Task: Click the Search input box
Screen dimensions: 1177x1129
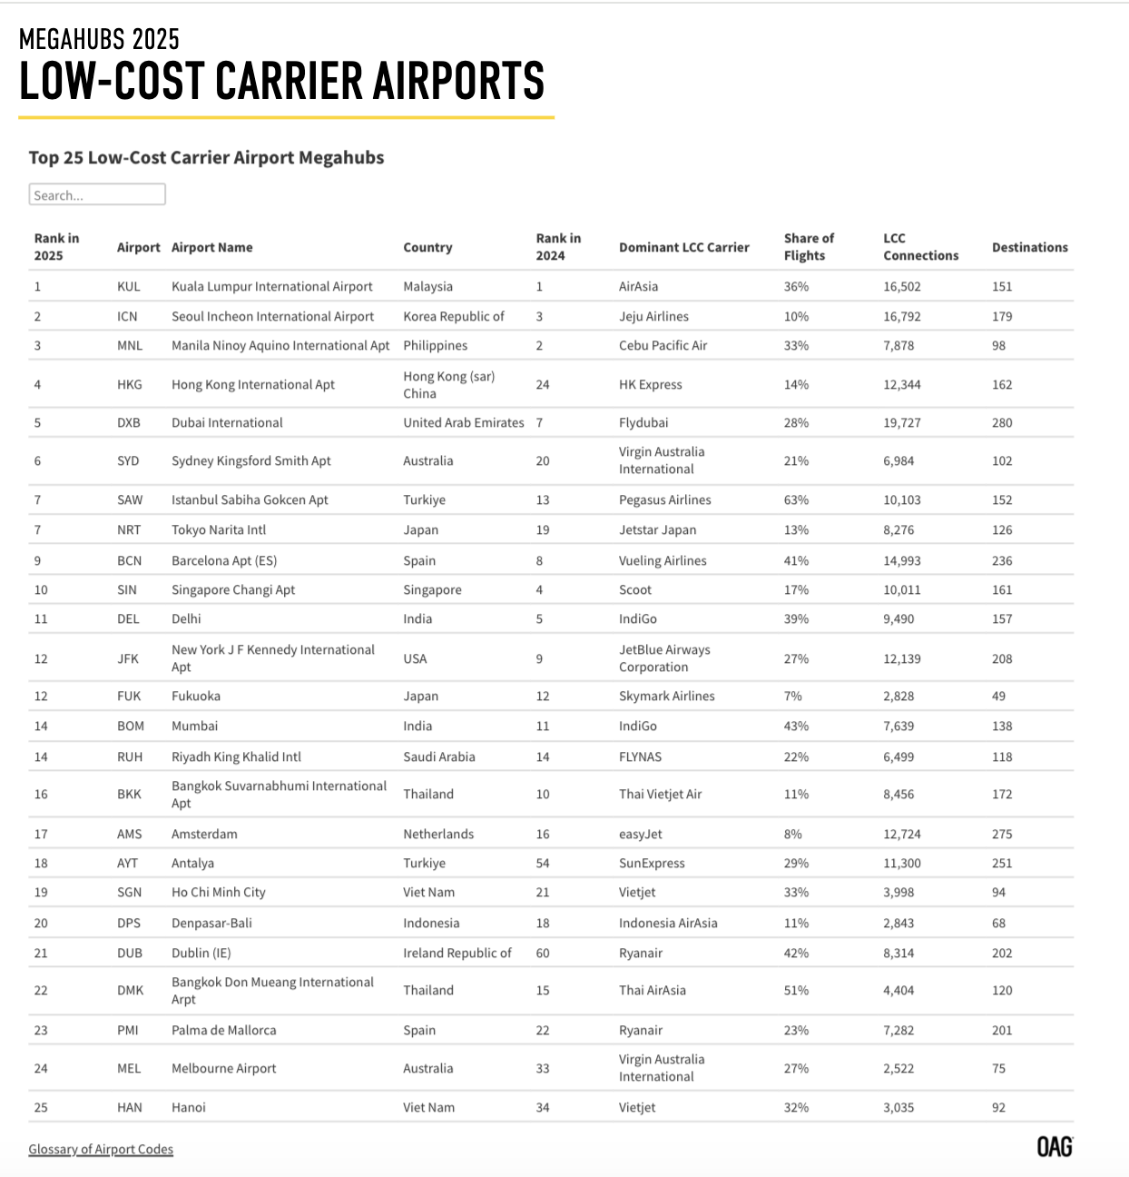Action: [97, 194]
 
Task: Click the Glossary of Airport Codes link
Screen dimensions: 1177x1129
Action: [101, 1149]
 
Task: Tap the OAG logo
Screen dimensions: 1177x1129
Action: [1055, 1147]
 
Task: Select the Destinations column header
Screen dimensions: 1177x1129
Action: [1029, 247]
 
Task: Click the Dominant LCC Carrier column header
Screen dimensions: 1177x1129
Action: [683, 247]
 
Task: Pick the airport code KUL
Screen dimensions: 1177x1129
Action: [129, 286]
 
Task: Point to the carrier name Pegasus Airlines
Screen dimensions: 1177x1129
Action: [664, 499]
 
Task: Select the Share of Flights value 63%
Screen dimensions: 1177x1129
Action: [796, 499]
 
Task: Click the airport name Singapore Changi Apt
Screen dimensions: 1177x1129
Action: [233, 589]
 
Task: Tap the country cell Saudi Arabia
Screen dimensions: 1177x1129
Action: [439, 757]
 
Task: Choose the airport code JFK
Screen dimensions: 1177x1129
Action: [128, 658]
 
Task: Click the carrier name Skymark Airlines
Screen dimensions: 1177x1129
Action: [666, 696]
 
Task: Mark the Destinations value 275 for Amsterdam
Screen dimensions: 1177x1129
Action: [1002, 834]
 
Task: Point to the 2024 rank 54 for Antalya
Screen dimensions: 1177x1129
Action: [543, 863]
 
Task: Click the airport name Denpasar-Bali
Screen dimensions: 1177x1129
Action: [211, 923]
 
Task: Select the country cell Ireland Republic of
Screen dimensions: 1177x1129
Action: [457, 953]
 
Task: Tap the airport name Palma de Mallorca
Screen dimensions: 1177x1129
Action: [223, 1030]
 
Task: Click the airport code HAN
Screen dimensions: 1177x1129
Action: [130, 1107]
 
